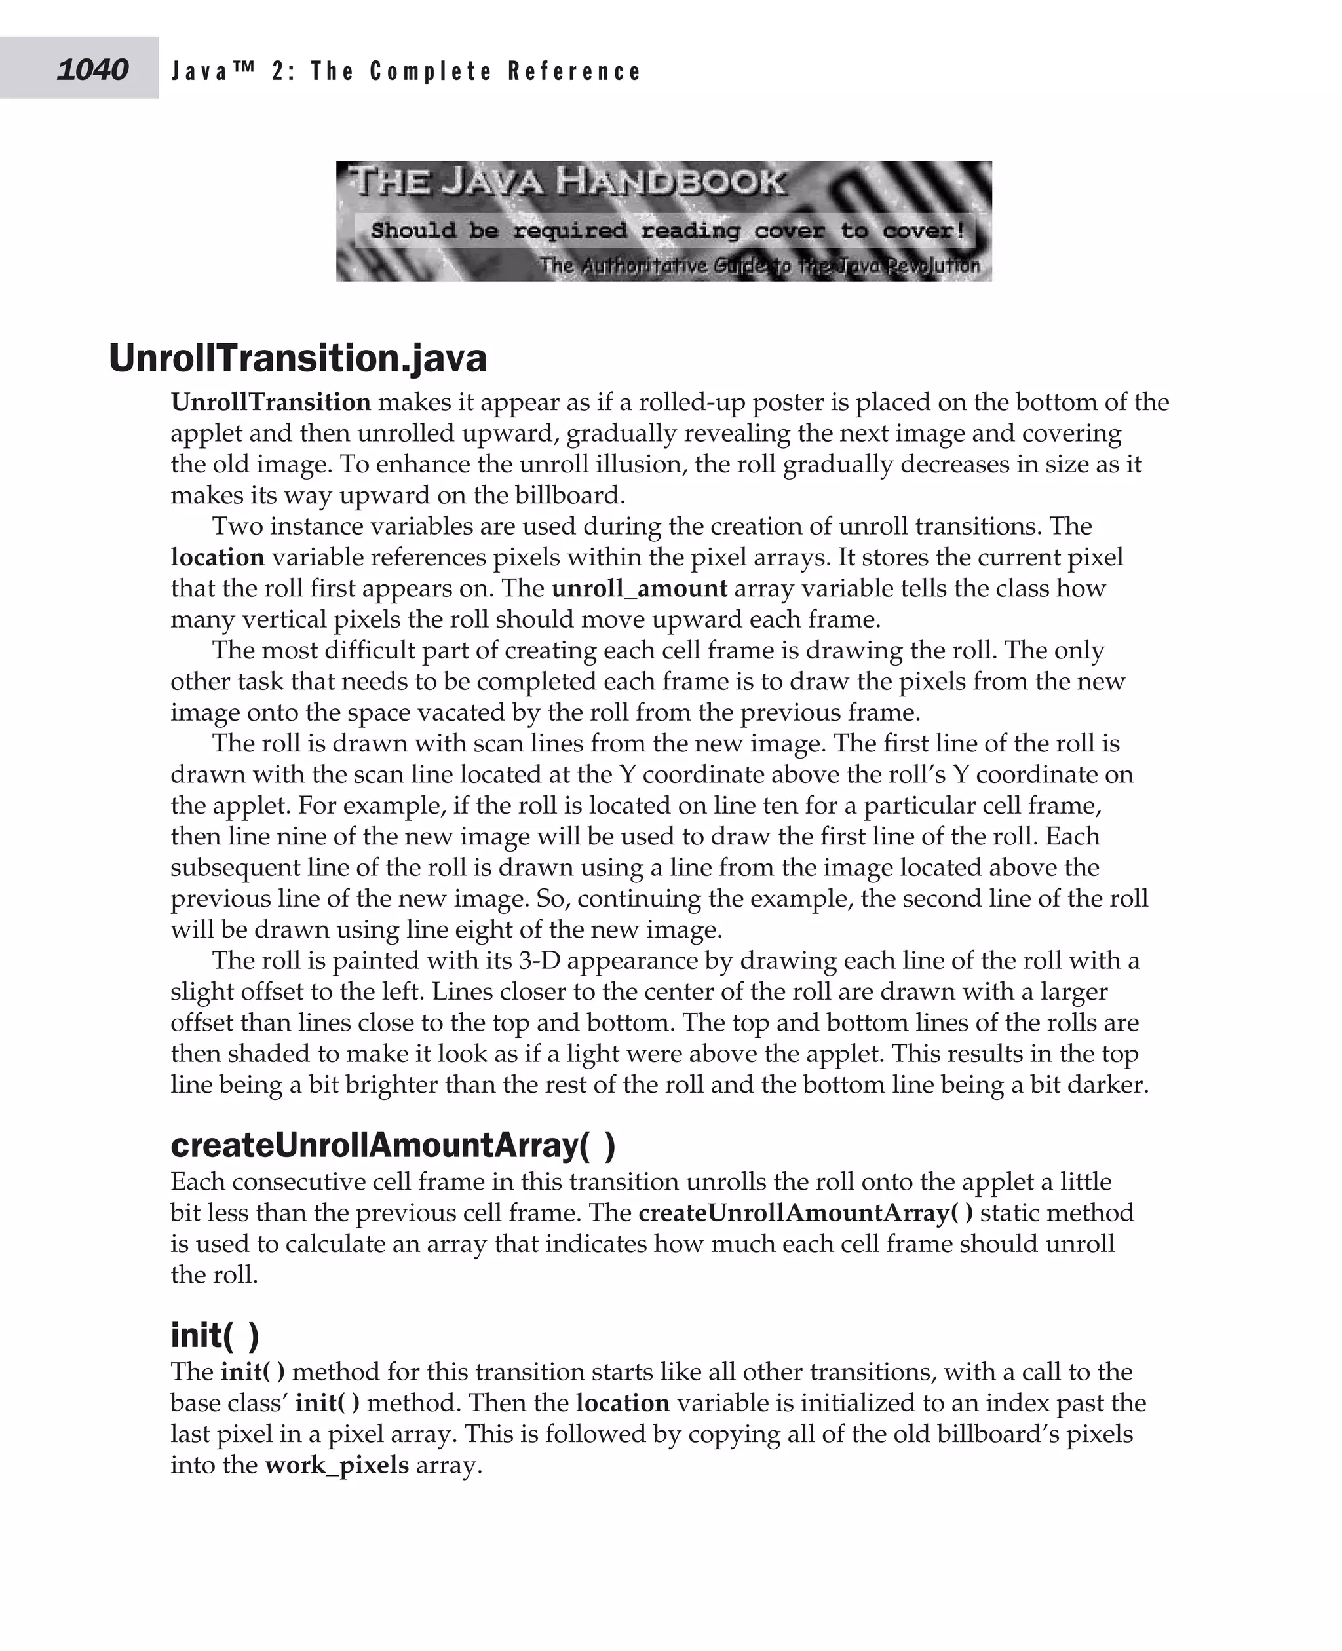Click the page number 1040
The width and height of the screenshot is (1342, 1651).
tap(92, 69)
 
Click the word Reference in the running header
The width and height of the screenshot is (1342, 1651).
tap(575, 71)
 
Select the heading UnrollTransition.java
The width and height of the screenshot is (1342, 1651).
tap(297, 358)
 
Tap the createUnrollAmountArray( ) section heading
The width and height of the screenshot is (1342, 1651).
tap(393, 1145)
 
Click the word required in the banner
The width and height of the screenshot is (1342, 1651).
tap(569, 231)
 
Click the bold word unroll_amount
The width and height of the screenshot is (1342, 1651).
tap(640, 588)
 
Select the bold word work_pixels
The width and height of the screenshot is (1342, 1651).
tap(336, 1465)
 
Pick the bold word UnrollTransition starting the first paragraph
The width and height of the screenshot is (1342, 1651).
tap(271, 402)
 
